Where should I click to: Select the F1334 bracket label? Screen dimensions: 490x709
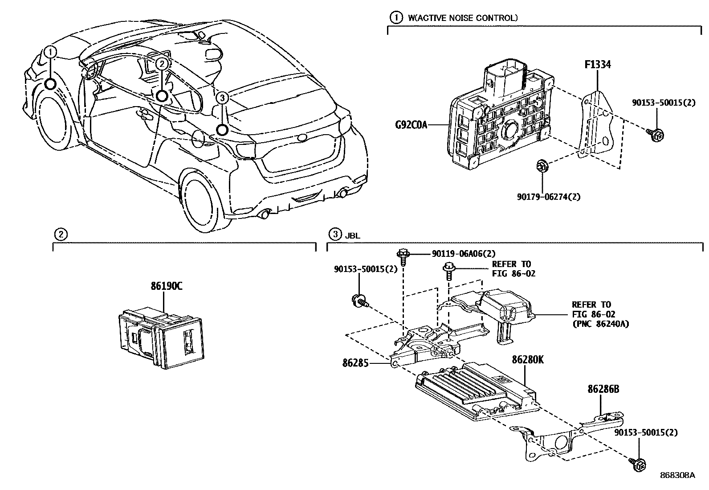coord(597,65)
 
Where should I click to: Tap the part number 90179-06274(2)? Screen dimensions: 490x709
coord(549,196)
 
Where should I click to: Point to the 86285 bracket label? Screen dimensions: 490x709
coord(355,363)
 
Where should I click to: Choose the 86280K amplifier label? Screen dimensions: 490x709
coord(528,360)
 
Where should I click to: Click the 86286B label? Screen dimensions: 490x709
coord(603,389)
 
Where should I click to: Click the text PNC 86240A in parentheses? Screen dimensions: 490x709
coord(600,324)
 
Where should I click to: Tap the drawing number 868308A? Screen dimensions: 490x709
coord(677,475)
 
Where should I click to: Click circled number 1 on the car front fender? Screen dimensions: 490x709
coord(51,52)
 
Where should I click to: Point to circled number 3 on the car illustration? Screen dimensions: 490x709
coord(222,98)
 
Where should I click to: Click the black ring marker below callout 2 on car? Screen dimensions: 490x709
coord(162,95)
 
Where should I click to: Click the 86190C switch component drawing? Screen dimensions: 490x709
coord(160,338)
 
